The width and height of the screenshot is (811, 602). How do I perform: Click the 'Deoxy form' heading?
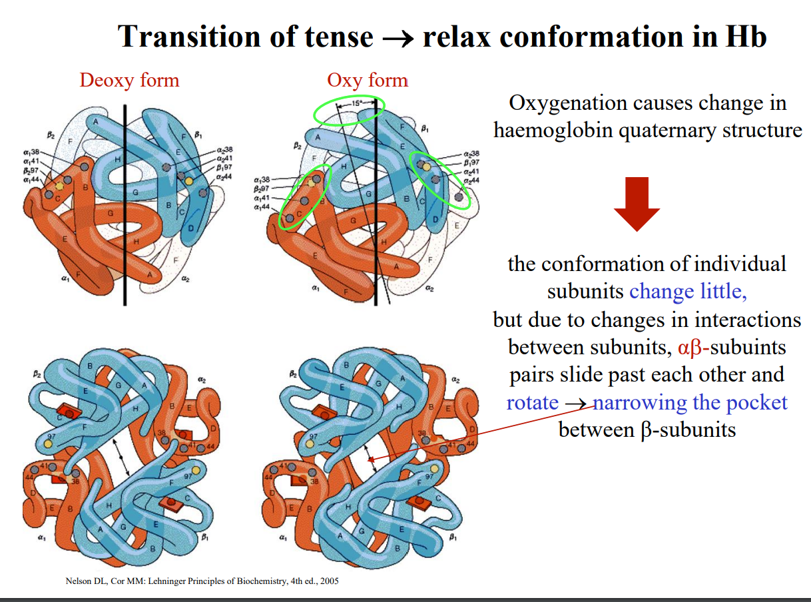point(129,81)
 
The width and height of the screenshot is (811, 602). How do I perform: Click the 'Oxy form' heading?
point(367,81)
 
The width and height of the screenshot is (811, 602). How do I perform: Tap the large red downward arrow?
point(637,204)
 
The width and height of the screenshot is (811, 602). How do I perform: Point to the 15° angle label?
point(357,103)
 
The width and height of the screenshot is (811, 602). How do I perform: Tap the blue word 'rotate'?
point(532,402)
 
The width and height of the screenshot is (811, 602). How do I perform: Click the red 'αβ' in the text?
point(690,347)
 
